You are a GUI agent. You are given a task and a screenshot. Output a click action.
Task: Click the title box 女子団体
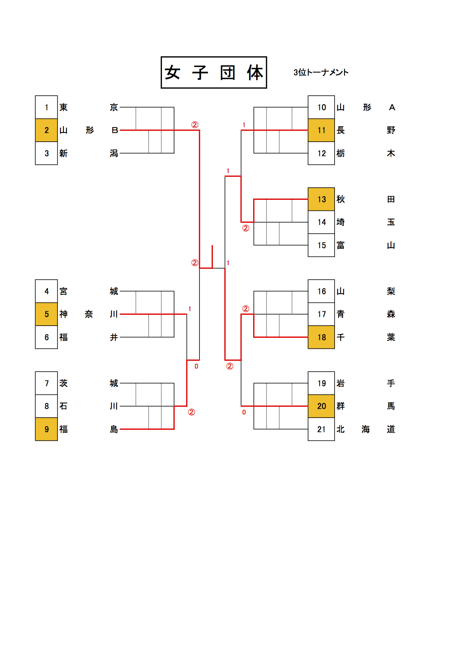(214, 72)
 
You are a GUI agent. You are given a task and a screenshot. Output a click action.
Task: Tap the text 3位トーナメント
(321, 72)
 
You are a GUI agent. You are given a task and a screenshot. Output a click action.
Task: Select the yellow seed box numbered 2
(46, 130)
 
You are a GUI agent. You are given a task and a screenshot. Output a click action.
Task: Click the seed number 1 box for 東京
(46, 107)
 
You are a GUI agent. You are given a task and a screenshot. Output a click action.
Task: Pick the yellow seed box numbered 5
(46, 314)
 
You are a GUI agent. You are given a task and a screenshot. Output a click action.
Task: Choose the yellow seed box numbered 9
(46, 429)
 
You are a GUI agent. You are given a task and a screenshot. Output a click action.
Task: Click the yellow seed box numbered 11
(321, 130)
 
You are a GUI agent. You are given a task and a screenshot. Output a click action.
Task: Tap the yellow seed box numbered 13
(321, 199)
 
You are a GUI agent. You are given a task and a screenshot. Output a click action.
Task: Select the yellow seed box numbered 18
(321, 337)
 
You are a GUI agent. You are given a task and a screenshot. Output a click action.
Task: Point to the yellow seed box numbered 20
(321, 406)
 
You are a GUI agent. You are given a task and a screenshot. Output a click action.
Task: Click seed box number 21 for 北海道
(321, 429)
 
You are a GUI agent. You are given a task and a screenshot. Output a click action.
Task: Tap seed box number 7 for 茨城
(46, 383)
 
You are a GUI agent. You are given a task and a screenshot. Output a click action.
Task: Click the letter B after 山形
(114, 130)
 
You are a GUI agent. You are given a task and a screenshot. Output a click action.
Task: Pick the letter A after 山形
(392, 107)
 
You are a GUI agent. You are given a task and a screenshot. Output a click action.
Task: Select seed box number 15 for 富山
(321, 245)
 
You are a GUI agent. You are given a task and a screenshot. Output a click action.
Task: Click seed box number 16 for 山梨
(321, 291)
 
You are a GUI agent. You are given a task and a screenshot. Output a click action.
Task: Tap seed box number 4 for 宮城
(46, 291)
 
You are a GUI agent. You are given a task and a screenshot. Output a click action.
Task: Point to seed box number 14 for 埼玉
(321, 222)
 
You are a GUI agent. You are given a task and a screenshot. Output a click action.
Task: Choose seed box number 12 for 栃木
(321, 153)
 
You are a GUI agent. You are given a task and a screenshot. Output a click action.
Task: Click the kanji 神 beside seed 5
(64, 314)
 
